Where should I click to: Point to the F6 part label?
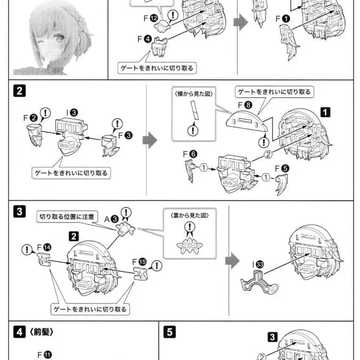[x=190, y=154]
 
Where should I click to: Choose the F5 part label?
[x=282, y=168]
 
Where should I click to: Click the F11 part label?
[x=45, y=354]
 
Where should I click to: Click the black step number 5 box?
[x=169, y=332]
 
